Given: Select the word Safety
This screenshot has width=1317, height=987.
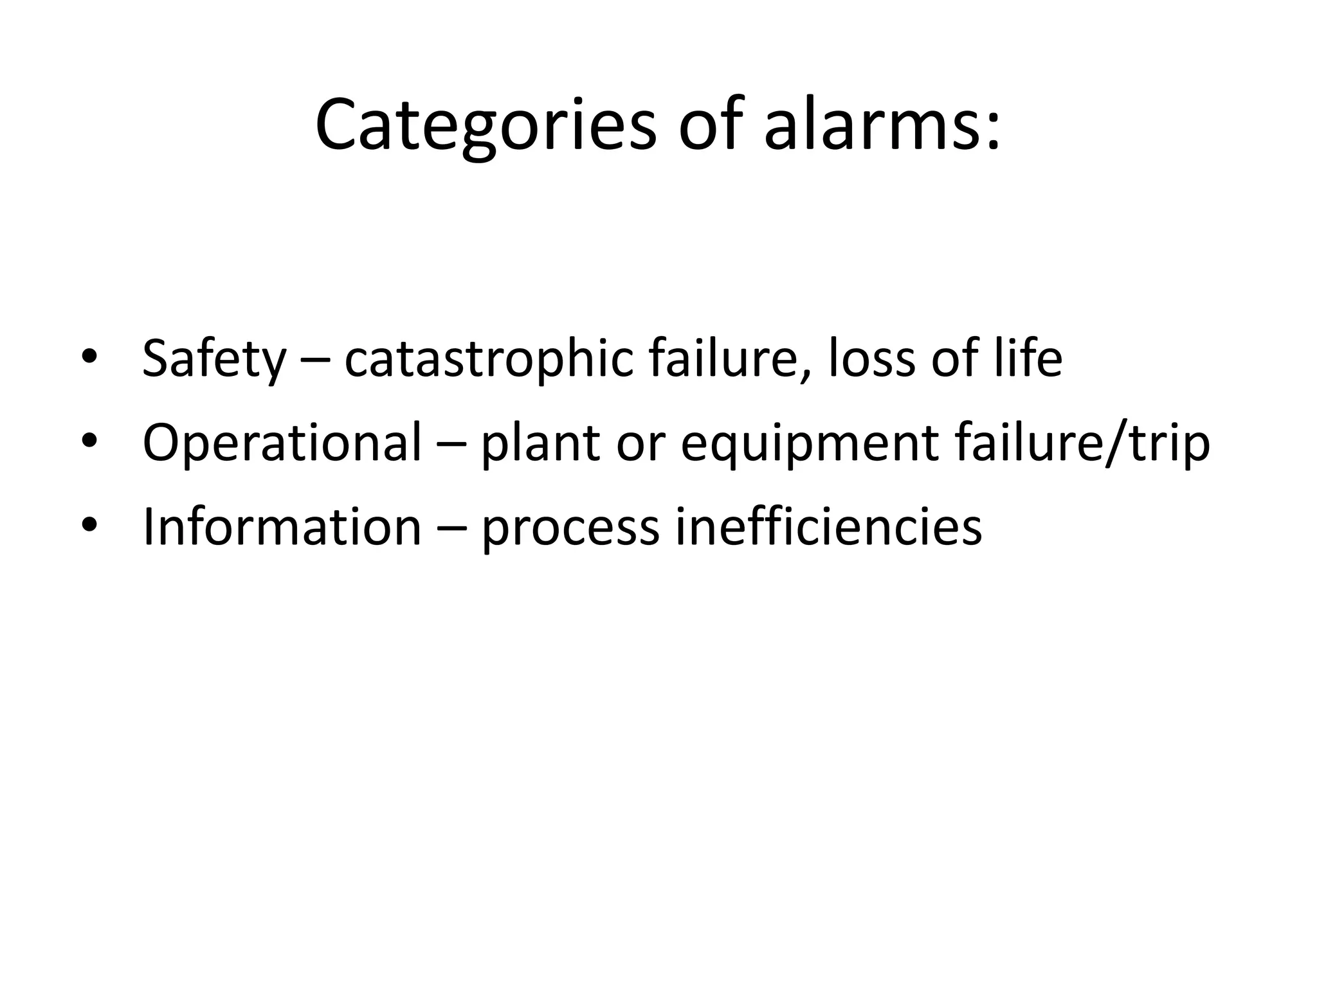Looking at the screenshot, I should [213, 359].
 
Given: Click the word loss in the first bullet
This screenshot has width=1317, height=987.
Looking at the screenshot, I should [871, 359].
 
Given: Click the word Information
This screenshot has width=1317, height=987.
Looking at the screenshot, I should [282, 527].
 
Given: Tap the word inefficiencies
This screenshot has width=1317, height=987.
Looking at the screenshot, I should [828, 527].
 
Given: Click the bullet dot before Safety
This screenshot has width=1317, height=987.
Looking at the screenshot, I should [89, 357].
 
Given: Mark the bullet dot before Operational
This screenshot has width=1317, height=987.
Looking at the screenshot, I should [89, 441].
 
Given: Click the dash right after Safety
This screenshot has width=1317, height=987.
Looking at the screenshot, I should [315, 361].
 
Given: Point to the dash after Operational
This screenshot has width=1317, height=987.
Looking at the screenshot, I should [451, 445].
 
